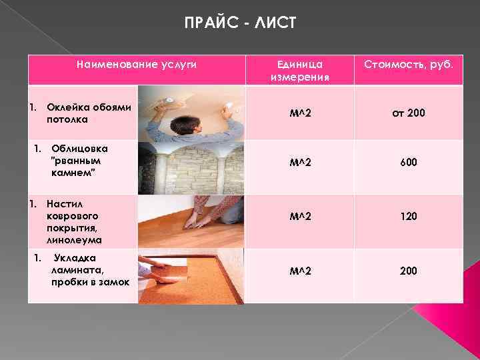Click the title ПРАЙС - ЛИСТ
coord(239,25)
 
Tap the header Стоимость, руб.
coord(408,65)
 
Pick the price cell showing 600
coord(408,161)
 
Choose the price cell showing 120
coord(408,217)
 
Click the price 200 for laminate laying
coord(408,271)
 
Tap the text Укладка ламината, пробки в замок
coord(90,270)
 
